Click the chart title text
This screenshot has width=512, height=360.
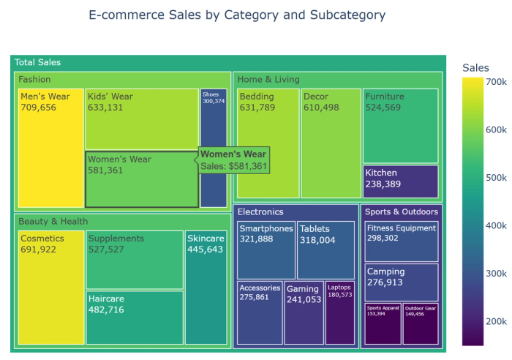point(236,15)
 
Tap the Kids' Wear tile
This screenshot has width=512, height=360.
point(142,119)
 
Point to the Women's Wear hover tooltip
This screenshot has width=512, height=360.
point(233,160)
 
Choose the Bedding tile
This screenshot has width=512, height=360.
point(268,143)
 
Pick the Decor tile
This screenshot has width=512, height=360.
point(331,143)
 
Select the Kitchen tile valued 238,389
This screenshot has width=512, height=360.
point(400,181)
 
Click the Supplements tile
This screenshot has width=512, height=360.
point(134,260)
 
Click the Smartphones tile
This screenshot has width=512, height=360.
point(266,250)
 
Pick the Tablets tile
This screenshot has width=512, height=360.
point(325,250)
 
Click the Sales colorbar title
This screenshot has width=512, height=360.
point(475,68)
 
